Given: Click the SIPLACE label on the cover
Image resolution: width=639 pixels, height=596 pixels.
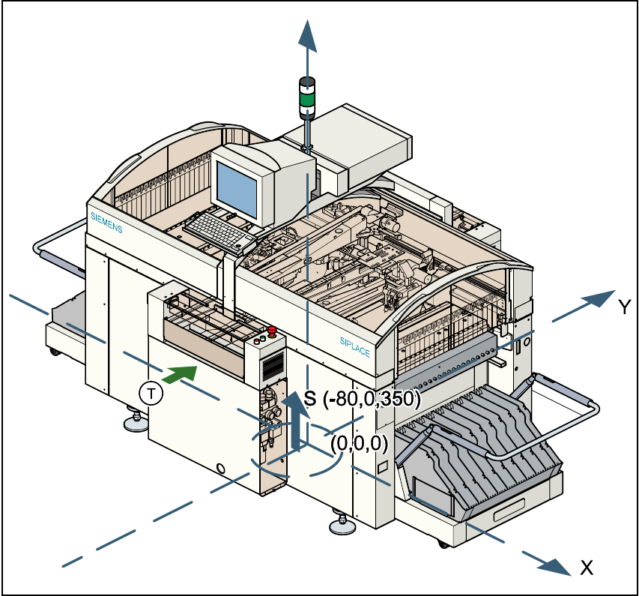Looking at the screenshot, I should pyautogui.click(x=354, y=346).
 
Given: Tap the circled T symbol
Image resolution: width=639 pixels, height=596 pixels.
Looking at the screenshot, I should pyautogui.click(x=151, y=393).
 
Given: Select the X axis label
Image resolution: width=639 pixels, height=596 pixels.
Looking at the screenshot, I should pyautogui.click(x=587, y=568).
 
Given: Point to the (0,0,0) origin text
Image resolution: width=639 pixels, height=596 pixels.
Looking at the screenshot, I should pyautogui.click(x=359, y=443).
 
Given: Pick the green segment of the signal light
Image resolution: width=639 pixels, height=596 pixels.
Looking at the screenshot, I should pyautogui.click(x=307, y=97).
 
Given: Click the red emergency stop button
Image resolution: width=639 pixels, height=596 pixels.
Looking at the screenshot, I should pyautogui.click(x=271, y=330).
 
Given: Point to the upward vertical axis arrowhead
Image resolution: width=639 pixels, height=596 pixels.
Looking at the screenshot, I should pyautogui.click(x=307, y=34).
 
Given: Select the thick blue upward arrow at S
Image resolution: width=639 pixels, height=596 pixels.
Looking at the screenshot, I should pyautogui.click(x=298, y=424).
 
